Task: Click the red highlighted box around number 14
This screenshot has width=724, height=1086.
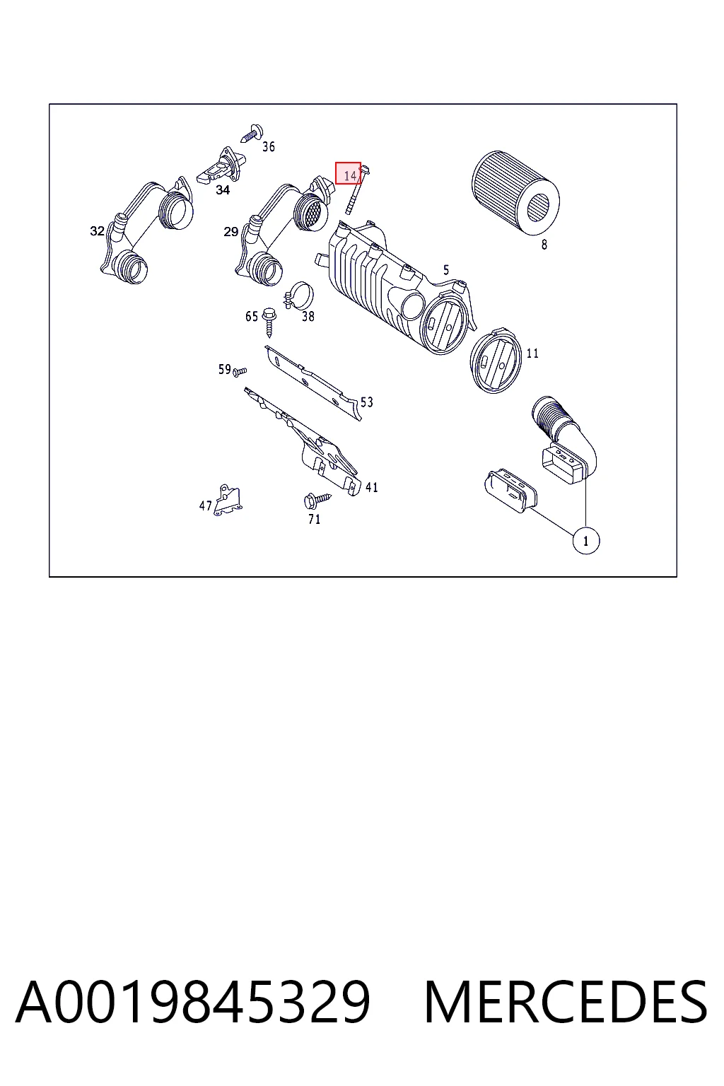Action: click(x=348, y=173)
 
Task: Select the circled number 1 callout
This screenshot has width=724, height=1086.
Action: click(x=586, y=541)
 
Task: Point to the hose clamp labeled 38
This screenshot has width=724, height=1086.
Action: click(x=298, y=296)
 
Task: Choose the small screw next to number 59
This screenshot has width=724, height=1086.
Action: click(x=240, y=372)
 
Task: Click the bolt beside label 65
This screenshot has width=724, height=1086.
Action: click(x=268, y=322)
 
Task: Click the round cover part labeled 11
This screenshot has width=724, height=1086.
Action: click(x=495, y=361)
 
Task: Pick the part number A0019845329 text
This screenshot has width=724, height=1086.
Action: click(x=193, y=1001)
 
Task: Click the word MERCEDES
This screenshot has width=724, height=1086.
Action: click(x=566, y=1001)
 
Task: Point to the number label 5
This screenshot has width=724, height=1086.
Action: click(x=446, y=270)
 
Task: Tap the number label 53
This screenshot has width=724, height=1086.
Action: click(x=367, y=402)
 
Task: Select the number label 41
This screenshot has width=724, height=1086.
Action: click(x=371, y=487)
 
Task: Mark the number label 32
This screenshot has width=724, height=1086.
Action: click(x=98, y=230)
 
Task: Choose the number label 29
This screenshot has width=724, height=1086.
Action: click(x=230, y=232)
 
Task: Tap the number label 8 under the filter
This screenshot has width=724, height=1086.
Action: click(x=544, y=245)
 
